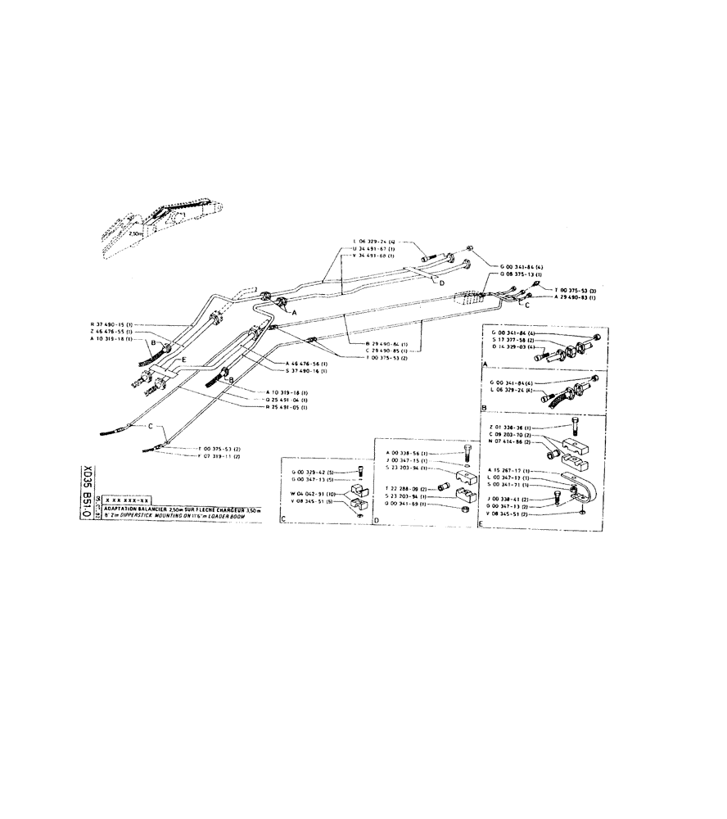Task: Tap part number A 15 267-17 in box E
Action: [x=511, y=471]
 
